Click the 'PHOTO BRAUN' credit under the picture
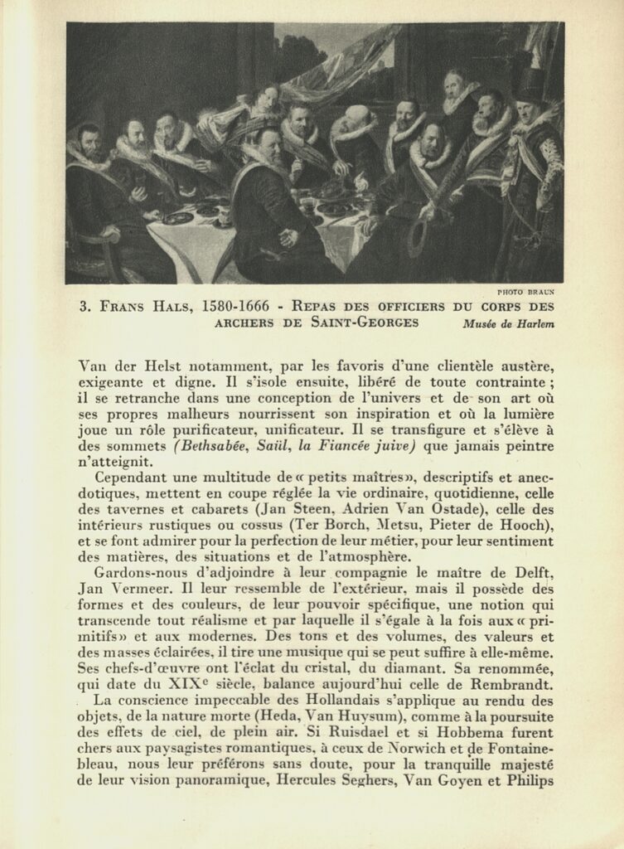[526, 292]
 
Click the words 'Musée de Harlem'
[509, 324]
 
